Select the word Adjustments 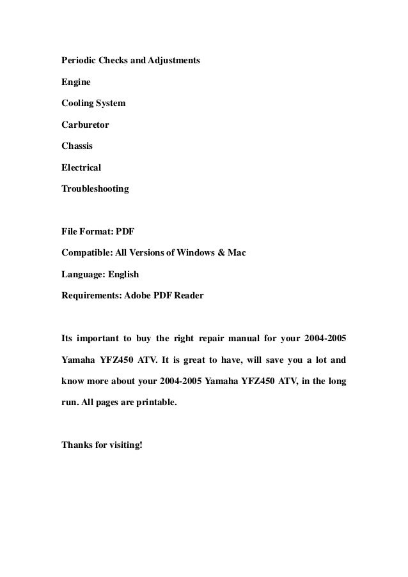click(x=174, y=61)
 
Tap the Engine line click(x=75, y=82)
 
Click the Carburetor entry click(x=85, y=125)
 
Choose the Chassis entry click(x=77, y=146)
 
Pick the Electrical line click(x=81, y=167)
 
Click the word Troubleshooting click(x=95, y=189)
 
